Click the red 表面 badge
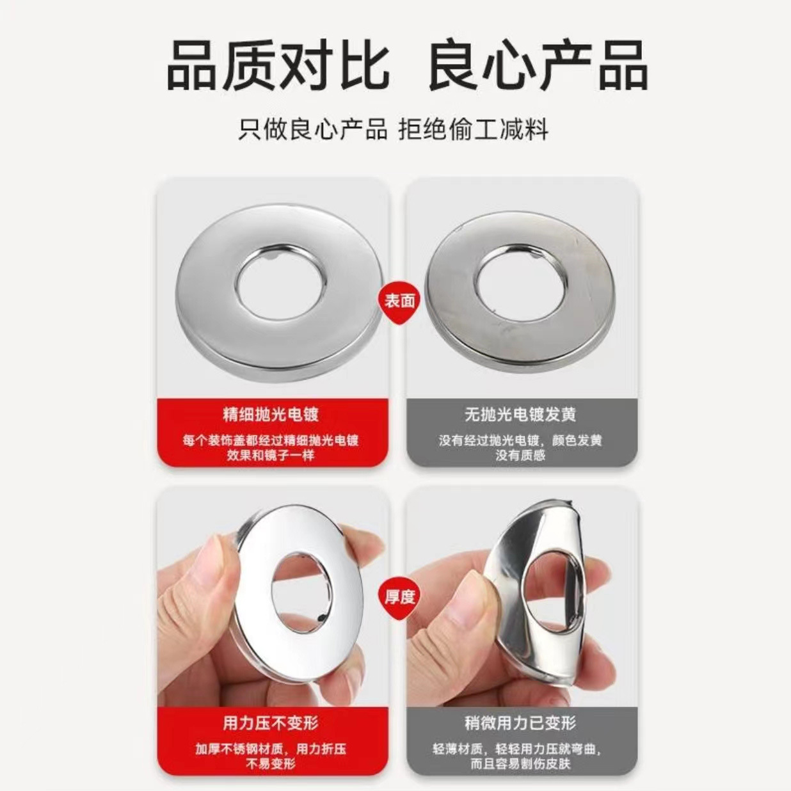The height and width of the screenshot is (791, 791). [399, 301]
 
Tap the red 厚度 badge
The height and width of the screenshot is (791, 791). [399, 597]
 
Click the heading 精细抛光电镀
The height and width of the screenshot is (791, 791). [271, 414]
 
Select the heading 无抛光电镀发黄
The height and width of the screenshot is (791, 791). [520, 414]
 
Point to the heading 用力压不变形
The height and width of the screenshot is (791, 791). [271, 723]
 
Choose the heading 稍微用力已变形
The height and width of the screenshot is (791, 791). [520, 723]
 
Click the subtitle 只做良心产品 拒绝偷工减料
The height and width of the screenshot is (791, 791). [393, 130]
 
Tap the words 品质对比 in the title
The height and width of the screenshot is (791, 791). [278, 65]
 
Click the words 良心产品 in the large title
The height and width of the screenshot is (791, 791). [538, 65]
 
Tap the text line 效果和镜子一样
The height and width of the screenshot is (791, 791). [271, 456]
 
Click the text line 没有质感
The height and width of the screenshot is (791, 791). [520, 456]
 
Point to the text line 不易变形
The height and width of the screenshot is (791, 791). [271, 764]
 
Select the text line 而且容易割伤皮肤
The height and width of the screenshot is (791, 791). [520, 764]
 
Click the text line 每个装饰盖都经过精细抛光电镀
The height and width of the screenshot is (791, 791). [271, 440]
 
